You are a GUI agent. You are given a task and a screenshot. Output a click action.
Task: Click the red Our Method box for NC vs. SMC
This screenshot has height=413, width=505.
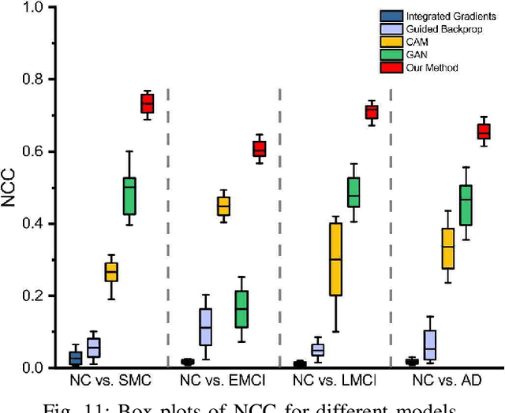click(147, 103)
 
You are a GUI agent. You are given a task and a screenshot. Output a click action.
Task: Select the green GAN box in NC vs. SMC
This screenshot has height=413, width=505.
click(129, 195)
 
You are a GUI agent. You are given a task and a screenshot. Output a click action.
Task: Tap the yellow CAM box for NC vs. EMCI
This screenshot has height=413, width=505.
click(223, 206)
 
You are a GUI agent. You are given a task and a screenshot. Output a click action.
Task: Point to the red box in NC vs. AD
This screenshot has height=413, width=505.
click(484, 131)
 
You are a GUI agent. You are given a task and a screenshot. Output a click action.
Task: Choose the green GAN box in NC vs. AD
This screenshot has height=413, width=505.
click(466, 205)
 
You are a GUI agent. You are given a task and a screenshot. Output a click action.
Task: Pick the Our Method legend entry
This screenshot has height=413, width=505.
click(429, 68)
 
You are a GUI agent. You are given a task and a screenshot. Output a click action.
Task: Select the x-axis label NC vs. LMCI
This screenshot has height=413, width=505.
click(335, 380)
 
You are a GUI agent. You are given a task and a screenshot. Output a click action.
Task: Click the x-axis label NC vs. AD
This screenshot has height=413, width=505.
click(447, 380)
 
